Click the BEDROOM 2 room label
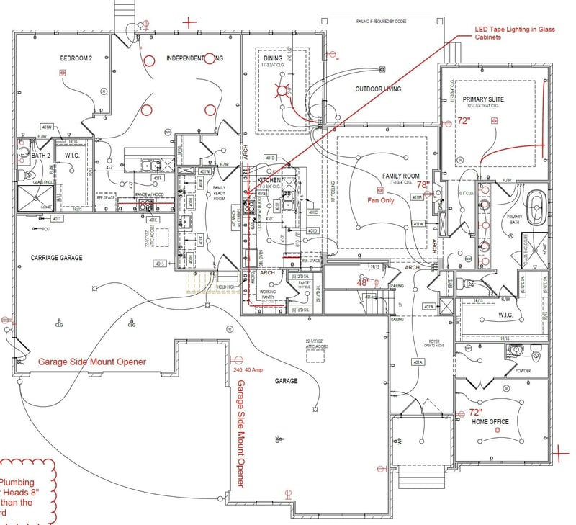coord(77,58)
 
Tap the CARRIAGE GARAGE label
coord(55,257)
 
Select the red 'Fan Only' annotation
coord(382,200)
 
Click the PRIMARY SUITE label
coord(483,99)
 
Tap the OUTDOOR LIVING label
coord(378,89)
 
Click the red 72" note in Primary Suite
coord(463,122)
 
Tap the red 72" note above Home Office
coord(475,413)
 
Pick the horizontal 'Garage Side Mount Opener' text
coord(92,362)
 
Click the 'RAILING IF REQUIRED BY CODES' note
coord(381,22)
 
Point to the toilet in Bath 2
coord(30,174)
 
